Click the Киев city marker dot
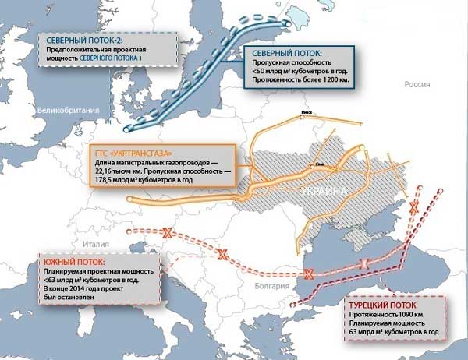312,165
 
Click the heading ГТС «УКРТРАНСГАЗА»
130,150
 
